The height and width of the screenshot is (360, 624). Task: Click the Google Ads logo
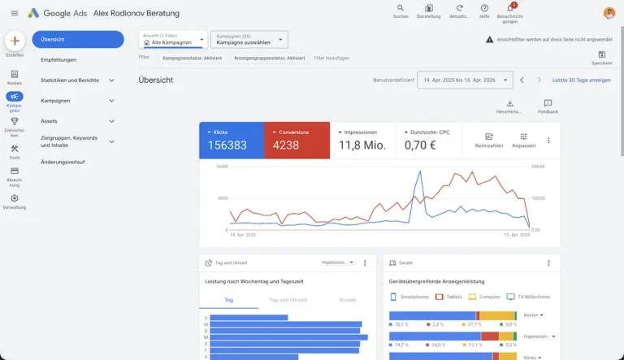click(33, 13)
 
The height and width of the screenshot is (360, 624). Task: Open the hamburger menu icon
click(14, 13)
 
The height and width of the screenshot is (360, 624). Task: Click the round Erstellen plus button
click(15, 41)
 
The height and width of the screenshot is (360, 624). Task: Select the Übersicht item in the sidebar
click(77, 39)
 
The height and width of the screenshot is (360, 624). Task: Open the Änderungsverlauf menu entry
click(63, 162)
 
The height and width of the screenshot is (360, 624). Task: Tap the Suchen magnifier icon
click(400, 8)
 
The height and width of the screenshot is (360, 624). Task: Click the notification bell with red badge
click(509, 8)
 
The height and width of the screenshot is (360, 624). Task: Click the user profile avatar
click(609, 13)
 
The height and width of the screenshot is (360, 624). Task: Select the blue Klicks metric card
click(232, 141)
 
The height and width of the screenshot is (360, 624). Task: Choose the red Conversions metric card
click(297, 141)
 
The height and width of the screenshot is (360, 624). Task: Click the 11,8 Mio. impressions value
click(362, 145)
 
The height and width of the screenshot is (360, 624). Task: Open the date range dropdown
click(465, 80)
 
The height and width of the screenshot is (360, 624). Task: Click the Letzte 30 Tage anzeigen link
click(581, 80)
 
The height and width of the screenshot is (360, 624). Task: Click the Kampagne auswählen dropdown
click(249, 39)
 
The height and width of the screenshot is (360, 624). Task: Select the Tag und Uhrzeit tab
click(288, 300)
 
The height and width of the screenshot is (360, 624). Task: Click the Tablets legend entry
click(450, 297)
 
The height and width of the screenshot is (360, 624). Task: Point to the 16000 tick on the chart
click(222, 167)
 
